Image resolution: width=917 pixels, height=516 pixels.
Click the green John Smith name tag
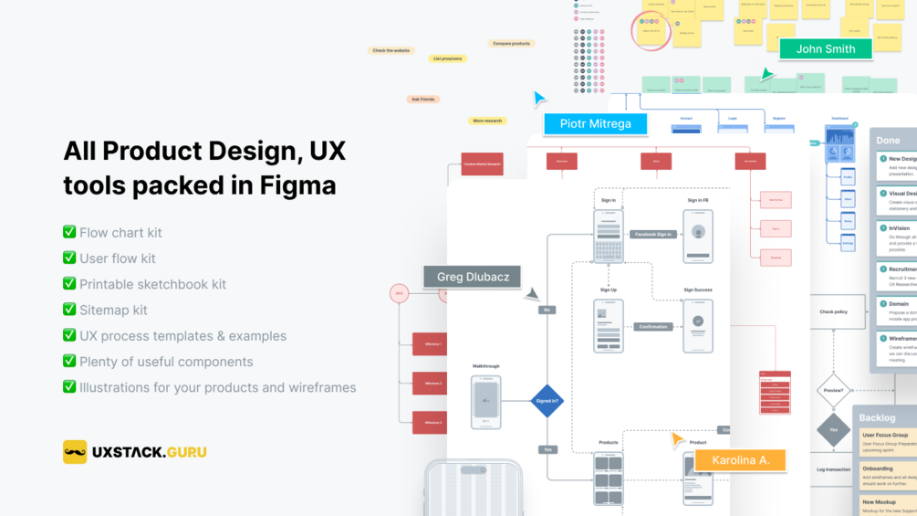826,49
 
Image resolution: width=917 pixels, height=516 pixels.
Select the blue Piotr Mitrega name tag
595,124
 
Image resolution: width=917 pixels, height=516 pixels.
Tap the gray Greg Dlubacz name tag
473,277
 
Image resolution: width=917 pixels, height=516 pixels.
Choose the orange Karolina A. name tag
740,459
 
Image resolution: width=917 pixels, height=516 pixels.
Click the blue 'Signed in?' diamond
547,400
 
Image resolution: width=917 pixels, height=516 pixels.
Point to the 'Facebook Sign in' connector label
652,235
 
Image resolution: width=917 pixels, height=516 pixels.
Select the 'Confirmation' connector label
652,326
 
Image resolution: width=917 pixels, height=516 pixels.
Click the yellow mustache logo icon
75,452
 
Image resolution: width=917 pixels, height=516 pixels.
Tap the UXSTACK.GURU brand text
150,452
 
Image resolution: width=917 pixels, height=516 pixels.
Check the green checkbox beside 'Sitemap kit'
69,310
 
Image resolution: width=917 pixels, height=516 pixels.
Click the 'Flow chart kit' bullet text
120,233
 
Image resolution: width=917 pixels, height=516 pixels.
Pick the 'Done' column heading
888,141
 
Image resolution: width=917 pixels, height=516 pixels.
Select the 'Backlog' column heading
878,417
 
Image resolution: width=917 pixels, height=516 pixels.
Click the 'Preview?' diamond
833,390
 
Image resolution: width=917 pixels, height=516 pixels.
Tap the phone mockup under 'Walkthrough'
485,402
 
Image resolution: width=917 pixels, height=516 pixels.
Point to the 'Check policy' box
833,311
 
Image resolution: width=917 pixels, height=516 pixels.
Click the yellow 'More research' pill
487,121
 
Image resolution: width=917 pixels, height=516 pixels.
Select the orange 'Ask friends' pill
422,99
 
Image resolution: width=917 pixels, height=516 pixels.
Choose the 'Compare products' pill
511,44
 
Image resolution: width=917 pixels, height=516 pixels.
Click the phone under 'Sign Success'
698,325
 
